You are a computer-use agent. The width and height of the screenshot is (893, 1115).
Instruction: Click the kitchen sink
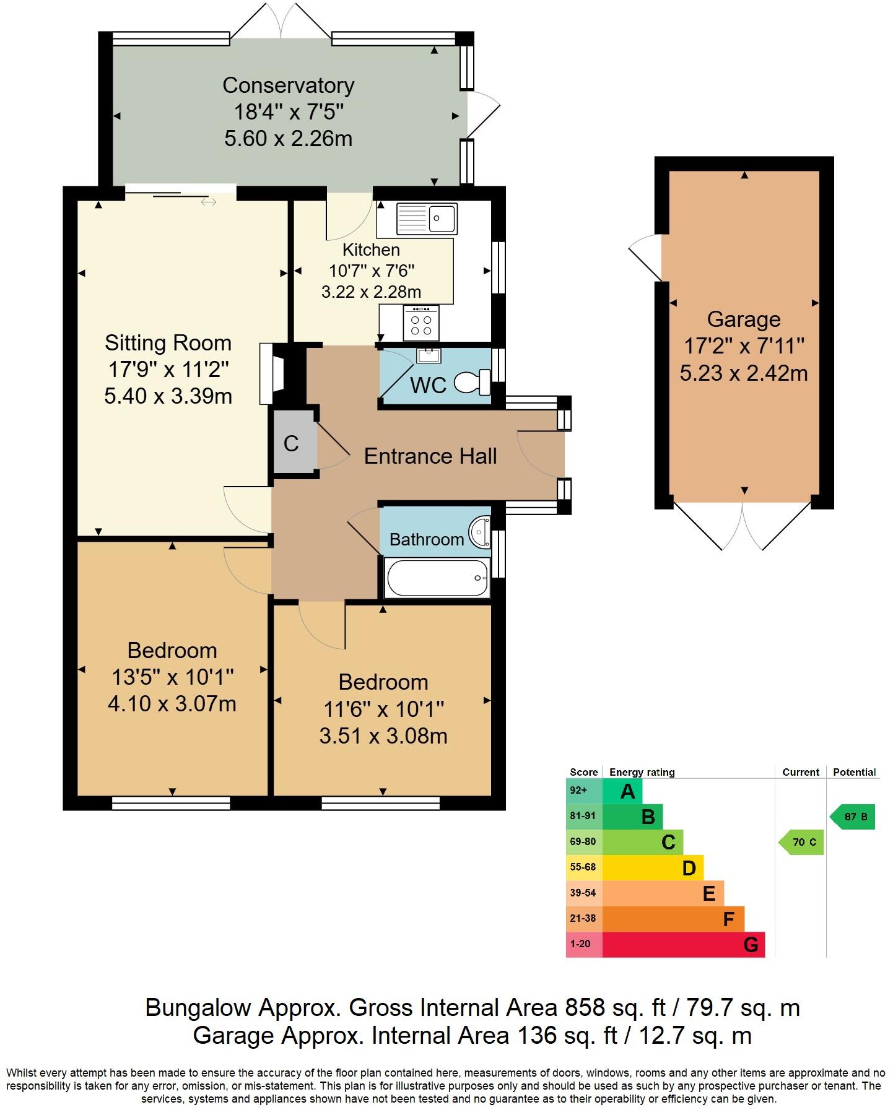(427, 219)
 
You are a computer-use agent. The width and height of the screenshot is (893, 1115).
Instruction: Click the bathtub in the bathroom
(437, 578)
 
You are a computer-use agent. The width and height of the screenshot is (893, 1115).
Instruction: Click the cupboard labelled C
(292, 443)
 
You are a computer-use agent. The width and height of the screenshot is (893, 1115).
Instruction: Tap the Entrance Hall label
(430, 456)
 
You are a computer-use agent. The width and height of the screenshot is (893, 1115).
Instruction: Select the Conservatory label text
(288, 85)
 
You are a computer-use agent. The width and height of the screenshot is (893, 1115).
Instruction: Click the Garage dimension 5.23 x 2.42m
(744, 373)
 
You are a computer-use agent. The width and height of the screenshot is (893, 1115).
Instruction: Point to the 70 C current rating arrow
(803, 842)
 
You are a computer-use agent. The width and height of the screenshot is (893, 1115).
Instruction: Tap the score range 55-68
(583, 867)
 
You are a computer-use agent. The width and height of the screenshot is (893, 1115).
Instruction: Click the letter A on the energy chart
(627, 791)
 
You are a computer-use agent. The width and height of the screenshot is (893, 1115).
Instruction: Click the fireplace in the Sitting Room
(272, 373)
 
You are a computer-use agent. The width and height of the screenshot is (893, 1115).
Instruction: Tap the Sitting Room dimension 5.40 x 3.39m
(168, 396)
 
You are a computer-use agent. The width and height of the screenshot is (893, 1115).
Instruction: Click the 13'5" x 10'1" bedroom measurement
(172, 677)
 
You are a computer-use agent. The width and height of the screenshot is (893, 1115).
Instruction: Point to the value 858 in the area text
(585, 1008)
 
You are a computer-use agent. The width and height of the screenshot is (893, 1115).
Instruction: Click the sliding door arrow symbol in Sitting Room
(208, 202)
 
